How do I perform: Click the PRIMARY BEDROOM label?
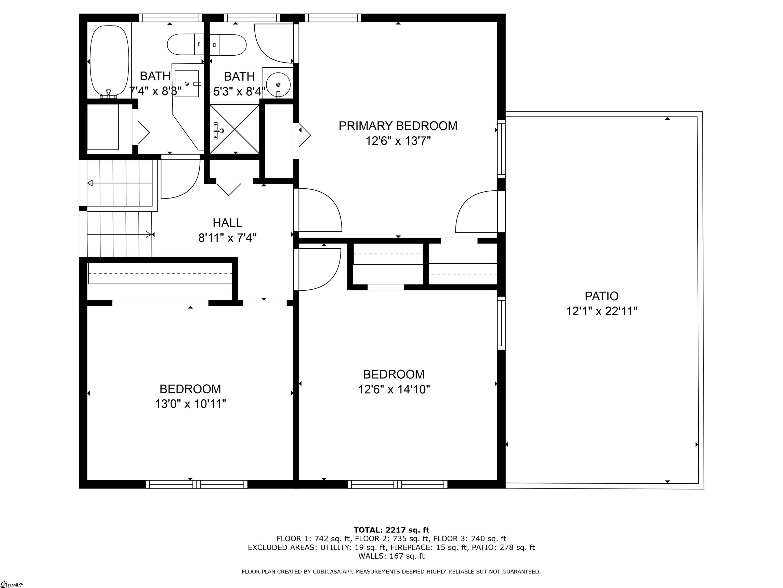click(398, 126)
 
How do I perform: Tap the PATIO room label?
click(602, 296)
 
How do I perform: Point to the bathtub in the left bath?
click(109, 62)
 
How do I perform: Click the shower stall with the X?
click(235, 129)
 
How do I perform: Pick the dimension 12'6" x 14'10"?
click(394, 389)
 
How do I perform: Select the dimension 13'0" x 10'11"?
click(190, 404)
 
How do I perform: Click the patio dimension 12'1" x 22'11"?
click(602, 311)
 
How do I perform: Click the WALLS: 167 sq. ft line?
click(391, 556)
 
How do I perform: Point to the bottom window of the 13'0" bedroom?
click(197, 484)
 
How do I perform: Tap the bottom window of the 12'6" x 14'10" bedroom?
click(398, 484)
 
